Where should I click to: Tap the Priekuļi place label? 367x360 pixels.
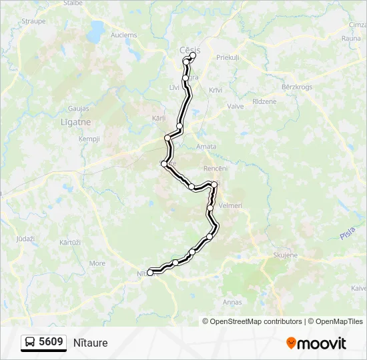(228, 57)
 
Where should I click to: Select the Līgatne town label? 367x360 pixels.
(75, 123)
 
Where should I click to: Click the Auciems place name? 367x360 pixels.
(123, 35)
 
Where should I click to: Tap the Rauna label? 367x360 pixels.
(351, 38)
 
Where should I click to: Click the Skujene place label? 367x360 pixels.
(286, 255)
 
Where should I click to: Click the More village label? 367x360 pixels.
(97, 263)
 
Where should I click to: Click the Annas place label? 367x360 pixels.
(232, 302)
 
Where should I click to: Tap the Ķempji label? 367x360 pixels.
(89, 139)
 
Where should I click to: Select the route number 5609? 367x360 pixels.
(51, 342)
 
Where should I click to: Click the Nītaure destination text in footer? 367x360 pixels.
(91, 343)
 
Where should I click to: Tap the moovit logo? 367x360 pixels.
(316, 343)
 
